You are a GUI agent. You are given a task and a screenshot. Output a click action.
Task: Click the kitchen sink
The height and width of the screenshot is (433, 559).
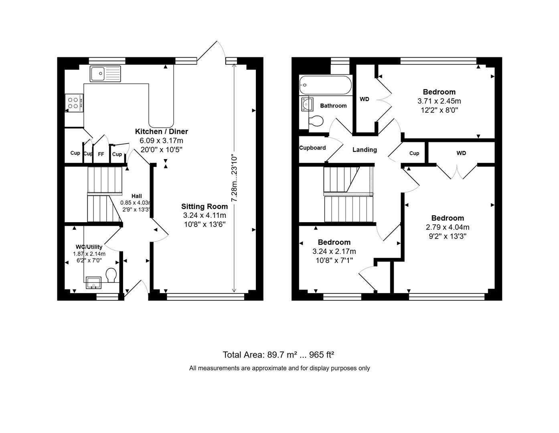(105, 74)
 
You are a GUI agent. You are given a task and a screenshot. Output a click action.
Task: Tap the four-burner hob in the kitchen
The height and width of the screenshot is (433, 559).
(74, 103)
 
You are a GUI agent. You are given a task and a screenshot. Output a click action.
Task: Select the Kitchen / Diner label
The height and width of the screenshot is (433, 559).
(161, 132)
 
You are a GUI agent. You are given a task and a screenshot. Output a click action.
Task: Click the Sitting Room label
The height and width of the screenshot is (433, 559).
(205, 206)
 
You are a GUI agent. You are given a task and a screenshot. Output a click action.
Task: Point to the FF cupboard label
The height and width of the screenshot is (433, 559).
(101, 154)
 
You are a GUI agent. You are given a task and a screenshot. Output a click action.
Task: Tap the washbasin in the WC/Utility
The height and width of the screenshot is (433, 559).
(94, 283)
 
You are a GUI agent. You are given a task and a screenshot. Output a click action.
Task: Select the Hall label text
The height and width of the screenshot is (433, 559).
(136, 196)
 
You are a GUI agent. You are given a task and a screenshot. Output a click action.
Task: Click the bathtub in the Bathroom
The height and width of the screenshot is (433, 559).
(325, 85)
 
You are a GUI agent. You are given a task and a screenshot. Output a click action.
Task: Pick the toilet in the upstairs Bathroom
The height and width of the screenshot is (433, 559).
(316, 121)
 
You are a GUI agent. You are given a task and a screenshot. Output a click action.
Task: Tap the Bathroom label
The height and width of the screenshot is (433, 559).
(333, 106)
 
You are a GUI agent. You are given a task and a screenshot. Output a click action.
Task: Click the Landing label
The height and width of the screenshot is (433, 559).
(365, 150)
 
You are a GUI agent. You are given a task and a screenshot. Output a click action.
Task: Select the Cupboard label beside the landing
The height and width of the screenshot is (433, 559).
(312, 148)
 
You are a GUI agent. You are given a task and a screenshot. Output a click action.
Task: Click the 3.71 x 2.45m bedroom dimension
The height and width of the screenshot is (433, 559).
(439, 101)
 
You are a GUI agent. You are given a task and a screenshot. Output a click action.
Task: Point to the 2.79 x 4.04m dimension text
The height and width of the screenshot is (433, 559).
(448, 227)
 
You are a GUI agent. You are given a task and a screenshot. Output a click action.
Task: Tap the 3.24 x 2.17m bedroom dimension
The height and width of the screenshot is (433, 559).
(334, 251)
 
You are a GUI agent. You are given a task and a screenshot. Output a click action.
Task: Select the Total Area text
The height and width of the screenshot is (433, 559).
(279, 355)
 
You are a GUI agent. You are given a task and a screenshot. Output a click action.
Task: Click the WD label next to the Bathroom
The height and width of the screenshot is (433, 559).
(364, 99)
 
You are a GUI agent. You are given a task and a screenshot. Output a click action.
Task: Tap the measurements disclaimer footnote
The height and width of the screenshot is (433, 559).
(279, 368)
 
